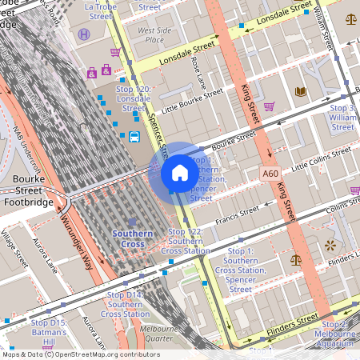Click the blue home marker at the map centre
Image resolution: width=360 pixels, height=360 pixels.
click(180, 173)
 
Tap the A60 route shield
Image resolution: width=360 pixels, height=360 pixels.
click(270, 172)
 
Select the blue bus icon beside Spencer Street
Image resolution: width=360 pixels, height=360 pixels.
click(134, 137)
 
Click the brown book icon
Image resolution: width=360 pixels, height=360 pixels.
click(301, 92)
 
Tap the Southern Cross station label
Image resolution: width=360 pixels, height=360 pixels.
click(132, 238)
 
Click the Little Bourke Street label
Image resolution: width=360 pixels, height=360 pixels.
click(192, 100)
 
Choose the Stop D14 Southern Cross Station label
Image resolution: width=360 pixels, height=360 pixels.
click(125, 305)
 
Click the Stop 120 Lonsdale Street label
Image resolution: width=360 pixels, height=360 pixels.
click(133, 98)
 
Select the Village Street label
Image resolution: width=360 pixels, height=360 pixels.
click(14, 248)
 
